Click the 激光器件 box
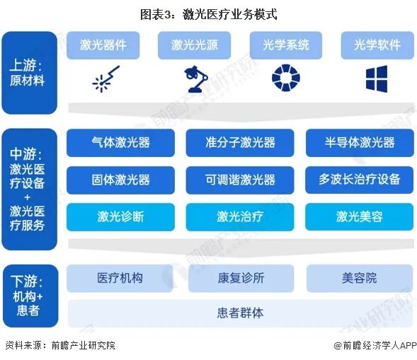click(x=103, y=45)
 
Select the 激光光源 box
click(x=194, y=45)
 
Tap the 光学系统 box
click(x=286, y=45)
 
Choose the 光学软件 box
click(x=377, y=45)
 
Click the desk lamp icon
click(x=196, y=79)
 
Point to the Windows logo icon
click(x=377, y=79)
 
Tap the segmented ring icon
click(x=286, y=78)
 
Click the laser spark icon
click(x=105, y=79)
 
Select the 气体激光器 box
click(x=121, y=143)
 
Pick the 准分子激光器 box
click(x=240, y=143)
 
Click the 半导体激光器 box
click(x=360, y=143)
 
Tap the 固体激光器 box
click(x=121, y=180)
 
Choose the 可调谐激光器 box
click(x=240, y=180)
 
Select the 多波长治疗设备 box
click(x=360, y=180)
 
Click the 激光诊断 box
click(x=121, y=217)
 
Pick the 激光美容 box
click(x=360, y=217)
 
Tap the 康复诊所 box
click(x=241, y=279)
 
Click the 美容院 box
click(x=360, y=279)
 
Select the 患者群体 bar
click(x=241, y=313)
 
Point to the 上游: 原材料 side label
click(x=29, y=73)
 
